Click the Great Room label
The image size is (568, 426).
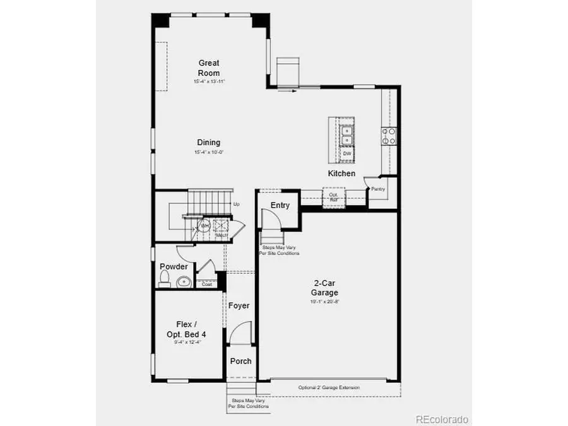click(x=209, y=68)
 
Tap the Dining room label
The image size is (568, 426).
click(x=208, y=143)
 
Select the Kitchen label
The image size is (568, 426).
click(x=341, y=174)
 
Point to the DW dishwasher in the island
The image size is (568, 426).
click(x=346, y=153)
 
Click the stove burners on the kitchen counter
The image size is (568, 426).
click(x=389, y=136)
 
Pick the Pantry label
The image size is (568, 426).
click(x=378, y=189)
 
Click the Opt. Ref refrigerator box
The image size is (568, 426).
click(x=333, y=198)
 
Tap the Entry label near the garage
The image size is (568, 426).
click(x=280, y=205)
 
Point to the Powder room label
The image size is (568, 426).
click(x=173, y=267)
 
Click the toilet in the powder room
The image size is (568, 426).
click(x=165, y=278)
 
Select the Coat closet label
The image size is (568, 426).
click(x=206, y=284)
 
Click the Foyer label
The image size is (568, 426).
click(x=239, y=306)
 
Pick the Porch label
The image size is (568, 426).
click(x=240, y=362)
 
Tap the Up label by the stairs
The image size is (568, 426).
click(x=237, y=204)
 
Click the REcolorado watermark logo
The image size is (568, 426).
click(x=441, y=419)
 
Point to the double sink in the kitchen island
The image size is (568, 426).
click(x=346, y=134)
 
